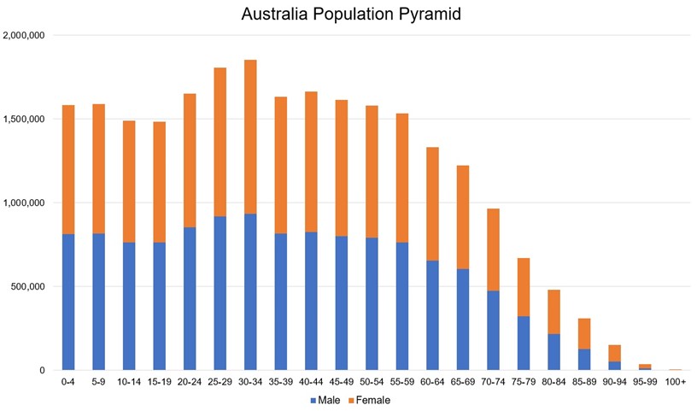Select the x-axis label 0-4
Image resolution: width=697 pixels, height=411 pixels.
[68, 382]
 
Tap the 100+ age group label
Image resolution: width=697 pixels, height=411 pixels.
[675, 382]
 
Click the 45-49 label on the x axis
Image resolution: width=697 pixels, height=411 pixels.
[342, 382]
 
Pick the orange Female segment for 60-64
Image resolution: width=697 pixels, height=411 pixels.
[432, 203]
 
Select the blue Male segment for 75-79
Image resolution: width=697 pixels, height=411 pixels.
[524, 343]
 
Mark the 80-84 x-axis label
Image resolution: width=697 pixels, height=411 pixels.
[553, 382]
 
